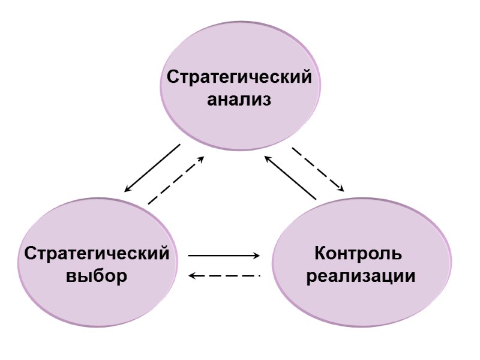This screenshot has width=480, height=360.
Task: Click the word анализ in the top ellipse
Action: (x=239, y=100)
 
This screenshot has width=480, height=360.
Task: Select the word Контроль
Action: (x=358, y=253)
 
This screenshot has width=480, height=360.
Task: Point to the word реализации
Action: (x=361, y=277)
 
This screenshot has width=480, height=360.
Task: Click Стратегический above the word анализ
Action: (x=239, y=78)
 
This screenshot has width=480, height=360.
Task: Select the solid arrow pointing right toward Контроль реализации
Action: (x=224, y=256)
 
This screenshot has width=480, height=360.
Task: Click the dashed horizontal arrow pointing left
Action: (x=224, y=275)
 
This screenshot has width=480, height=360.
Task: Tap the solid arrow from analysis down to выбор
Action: (x=152, y=168)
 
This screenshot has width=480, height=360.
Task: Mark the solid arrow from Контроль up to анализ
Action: (x=290, y=178)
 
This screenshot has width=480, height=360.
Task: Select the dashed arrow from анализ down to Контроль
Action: (x=318, y=169)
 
